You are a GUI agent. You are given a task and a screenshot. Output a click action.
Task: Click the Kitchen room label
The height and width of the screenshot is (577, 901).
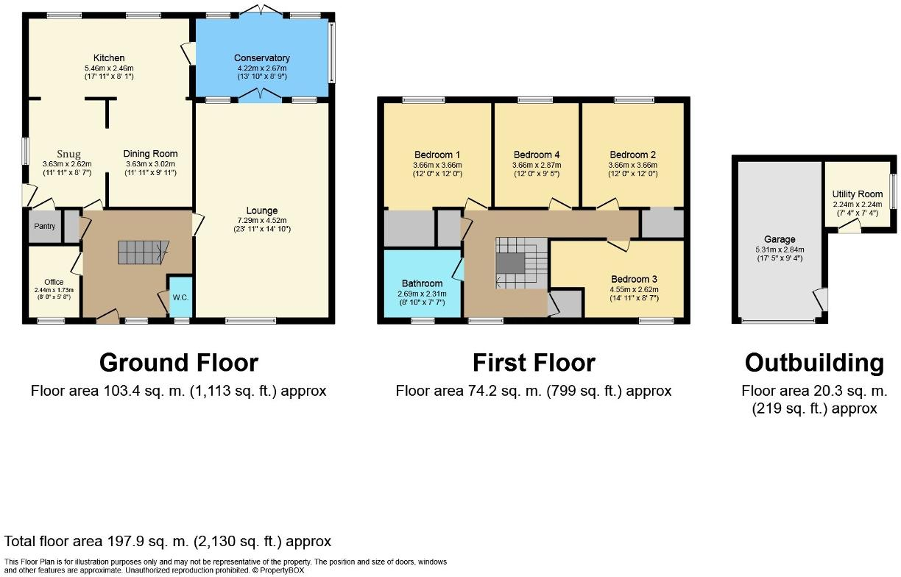pyautogui.click(x=108, y=58)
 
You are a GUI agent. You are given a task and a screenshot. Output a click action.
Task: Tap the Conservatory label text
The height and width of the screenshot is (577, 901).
pyautogui.click(x=261, y=58)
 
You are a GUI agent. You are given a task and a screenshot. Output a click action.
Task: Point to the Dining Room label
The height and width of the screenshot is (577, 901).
pyautogui.click(x=150, y=154)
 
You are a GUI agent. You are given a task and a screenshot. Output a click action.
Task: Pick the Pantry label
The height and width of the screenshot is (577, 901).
pyautogui.click(x=44, y=227)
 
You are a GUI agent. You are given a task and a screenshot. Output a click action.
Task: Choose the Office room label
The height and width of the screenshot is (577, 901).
pyautogui.click(x=54, y=282)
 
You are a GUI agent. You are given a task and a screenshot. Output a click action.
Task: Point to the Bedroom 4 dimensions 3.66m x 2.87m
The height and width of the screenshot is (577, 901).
pyautogui.click(x=537, y=165)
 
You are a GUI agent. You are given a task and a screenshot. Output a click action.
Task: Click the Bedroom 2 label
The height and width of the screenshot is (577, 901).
pyautogui.click(x=632, y=155)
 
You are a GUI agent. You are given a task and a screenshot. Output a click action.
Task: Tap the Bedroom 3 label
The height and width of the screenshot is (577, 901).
pyautogui.click(x=634, y=279)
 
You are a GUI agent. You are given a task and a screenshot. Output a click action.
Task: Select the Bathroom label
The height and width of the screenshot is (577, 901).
pyautogui.click(x=423, y=283)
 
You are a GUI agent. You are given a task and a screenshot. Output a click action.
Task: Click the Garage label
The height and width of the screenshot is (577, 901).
pyautogui.click(x=780, y=239)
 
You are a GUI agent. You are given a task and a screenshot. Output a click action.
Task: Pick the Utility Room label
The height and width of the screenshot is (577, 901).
pyautogui.click(x=857, y=194)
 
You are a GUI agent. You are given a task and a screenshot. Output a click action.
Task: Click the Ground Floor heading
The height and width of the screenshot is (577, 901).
pyautogui.click(x=178, y=363)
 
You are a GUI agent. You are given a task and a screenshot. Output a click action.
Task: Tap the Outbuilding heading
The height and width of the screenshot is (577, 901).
pyautogui.click(x=814, y=363)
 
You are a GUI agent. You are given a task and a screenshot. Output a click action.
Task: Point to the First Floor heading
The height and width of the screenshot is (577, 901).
pyautogui.click(x=534, y=363)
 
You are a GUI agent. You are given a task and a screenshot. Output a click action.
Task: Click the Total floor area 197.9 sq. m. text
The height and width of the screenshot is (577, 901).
pyautogui.click(x=168, y=542)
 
